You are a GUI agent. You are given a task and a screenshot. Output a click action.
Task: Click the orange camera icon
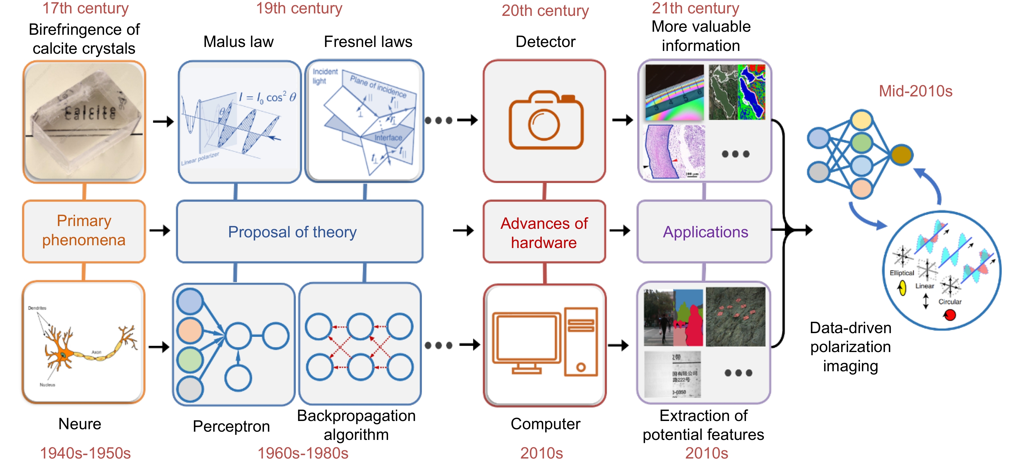(546, 120)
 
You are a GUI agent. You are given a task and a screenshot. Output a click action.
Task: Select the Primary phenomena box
(84, 231)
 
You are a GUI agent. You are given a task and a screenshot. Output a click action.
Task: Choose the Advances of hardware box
(544, 232)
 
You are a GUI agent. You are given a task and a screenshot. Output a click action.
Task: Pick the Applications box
(705, 232)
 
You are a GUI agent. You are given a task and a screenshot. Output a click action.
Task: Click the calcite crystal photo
(84, 121)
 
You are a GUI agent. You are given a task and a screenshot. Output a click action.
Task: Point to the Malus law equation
(267, 97)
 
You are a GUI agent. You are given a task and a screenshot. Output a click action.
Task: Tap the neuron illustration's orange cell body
(61, 354)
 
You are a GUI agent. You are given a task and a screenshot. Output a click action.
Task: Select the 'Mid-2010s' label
(915, 91)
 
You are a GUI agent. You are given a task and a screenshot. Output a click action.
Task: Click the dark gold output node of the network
(902, 155)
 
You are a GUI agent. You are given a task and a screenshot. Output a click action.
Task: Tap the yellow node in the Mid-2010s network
(861, 120)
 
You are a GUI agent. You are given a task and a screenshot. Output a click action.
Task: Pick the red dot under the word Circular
(950, 315)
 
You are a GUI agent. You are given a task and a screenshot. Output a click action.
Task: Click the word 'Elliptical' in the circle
(902, 273)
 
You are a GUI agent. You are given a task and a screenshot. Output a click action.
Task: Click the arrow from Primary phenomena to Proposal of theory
(160, 230)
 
